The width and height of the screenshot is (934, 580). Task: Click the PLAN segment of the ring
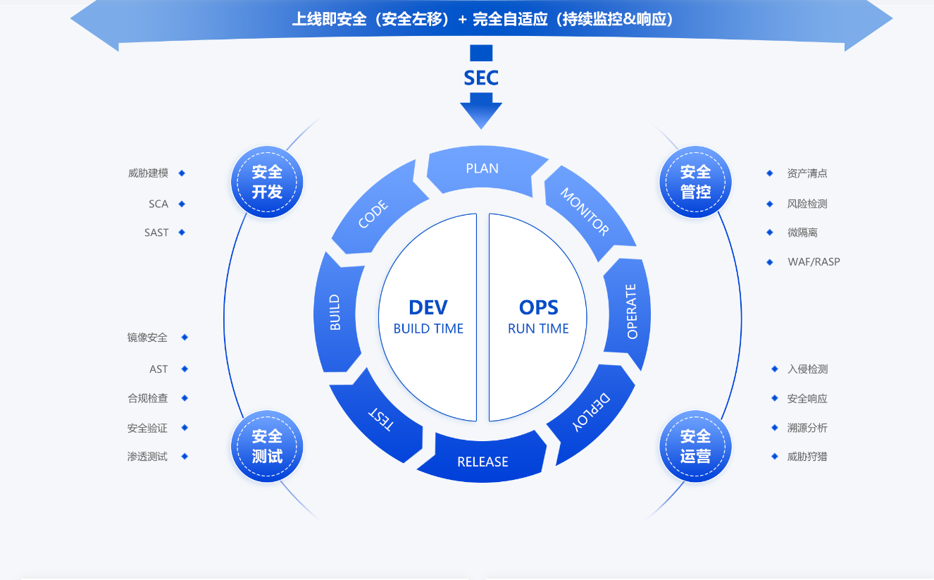[482, 169]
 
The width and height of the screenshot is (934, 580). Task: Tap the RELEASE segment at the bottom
[482, 462]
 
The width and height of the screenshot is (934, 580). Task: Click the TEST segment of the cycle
[380, 419]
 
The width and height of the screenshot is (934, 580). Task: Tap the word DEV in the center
[428, 307]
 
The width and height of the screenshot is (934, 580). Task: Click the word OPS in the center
[538, 307]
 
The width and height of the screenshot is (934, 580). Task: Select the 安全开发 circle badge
[267, 182]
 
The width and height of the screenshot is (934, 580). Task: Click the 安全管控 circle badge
[695, 182]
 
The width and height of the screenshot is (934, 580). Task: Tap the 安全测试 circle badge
[267, 446]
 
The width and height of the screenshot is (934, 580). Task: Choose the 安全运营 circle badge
[695, 446]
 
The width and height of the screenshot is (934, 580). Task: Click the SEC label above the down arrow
[481, 78]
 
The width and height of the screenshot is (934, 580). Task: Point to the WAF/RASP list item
[814, 262]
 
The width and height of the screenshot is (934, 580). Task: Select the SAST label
[156, 233]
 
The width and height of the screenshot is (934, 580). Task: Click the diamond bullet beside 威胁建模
[182, 173]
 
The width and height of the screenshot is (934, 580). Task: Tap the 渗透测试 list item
[147, 457]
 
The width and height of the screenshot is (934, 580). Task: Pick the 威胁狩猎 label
[807, 457]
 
